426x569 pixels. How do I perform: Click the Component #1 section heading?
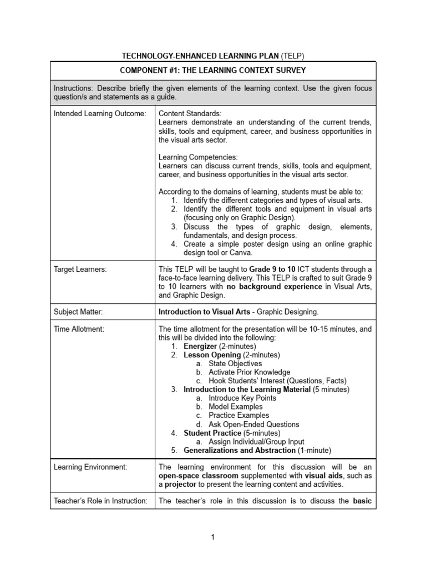pyautogui.click(x=212, y=70)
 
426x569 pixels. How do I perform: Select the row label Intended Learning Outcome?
pyautogui.click(x=100, y=113)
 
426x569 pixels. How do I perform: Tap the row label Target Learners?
pyautogui.click(x=80, y=269)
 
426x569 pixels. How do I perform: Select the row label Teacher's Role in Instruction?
pyautogui.click(x=100, y=501)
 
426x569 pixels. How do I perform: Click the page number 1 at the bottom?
pyautogui.click(x=212, y=537)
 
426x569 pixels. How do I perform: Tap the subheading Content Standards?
pyautogui.click(x=190, y=113)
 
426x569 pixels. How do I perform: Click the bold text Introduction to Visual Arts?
pyautogui.click(x=204, y=312)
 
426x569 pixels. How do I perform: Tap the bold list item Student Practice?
pyautogui.click(x=212, y=432)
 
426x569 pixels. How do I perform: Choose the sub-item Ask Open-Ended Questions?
pyautogui.click(x=253, y=424)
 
